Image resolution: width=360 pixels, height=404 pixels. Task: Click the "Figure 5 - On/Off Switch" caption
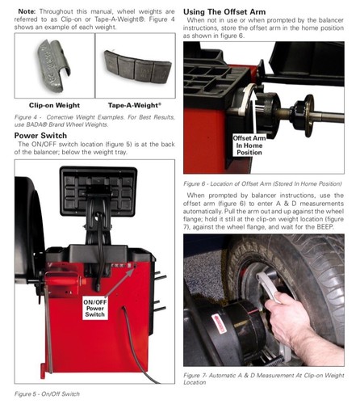tap(48, 393)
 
